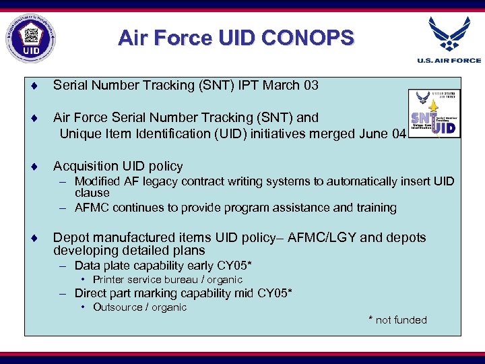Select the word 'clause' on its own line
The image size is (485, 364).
click(x=92, y=193)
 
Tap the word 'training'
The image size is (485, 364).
click(x=375, y=208)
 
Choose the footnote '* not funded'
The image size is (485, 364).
click(x=397, y=320)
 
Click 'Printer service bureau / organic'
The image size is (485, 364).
click(x=167, y=279)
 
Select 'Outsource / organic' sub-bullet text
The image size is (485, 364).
click(x=139, y=307)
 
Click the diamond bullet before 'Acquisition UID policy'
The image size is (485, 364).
click(x=33, y=166)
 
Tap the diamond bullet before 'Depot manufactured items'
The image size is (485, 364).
click(x=33, y=238)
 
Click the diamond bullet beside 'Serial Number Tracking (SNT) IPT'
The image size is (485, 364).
click(x=33, y=86)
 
